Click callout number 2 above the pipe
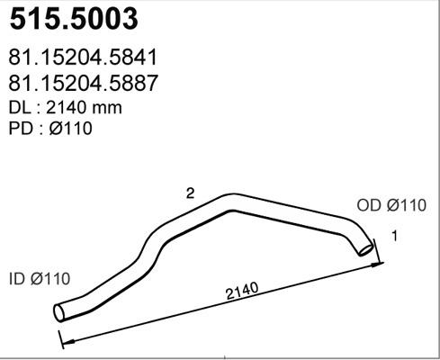pos(190,193)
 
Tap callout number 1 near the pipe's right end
pos(393,236)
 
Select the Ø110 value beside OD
pos(406,206)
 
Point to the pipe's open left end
pos(60,312)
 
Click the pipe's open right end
pos(365,247)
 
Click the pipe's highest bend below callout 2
pos(232,198)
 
